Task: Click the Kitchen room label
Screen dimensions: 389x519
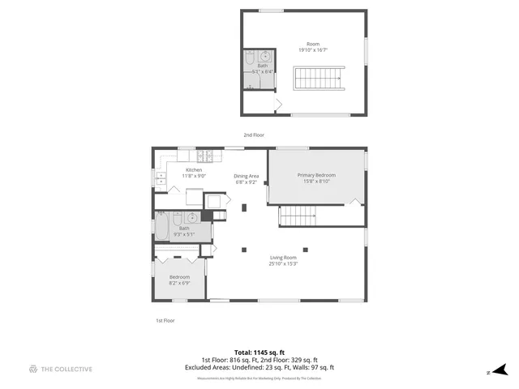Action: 195,169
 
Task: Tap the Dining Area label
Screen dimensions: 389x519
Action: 247,176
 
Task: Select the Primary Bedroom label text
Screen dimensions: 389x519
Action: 316,175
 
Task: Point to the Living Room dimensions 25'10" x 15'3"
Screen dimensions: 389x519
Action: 284,263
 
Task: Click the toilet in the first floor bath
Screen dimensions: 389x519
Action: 179,218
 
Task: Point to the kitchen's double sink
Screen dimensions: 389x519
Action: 161,179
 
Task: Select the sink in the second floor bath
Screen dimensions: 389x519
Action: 264,58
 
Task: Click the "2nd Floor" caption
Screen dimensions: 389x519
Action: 254,135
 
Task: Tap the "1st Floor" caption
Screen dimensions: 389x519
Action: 165,321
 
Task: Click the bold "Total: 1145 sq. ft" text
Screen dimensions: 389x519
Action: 259,353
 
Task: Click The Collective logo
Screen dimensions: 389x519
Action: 61,369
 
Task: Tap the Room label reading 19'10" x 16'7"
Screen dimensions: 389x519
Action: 313,46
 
